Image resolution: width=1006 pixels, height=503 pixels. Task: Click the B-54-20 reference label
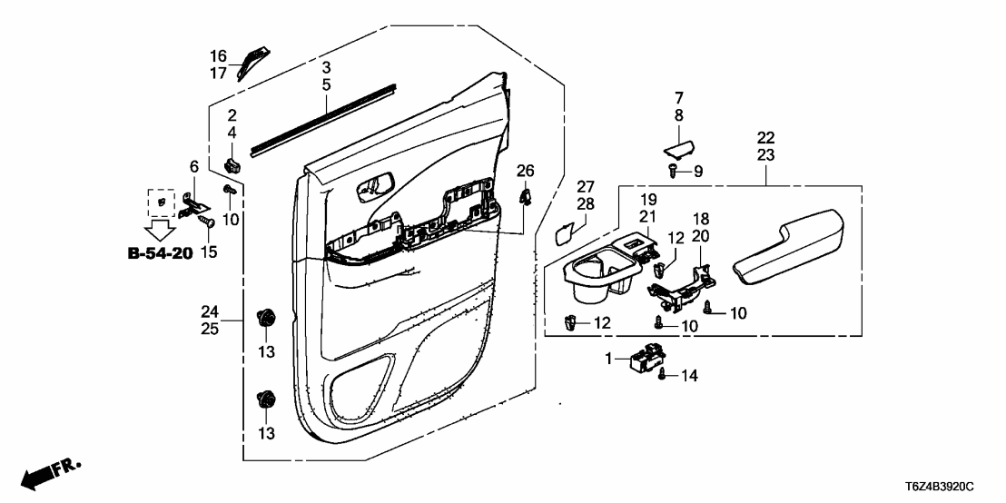click(160, 253)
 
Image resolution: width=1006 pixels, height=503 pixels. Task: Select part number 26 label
click(526, 171)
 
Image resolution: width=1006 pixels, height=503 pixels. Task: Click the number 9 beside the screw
click(697, 171)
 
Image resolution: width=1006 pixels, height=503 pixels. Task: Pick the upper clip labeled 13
click(267, 318)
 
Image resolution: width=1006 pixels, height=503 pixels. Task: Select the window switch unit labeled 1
click(646, 358)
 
